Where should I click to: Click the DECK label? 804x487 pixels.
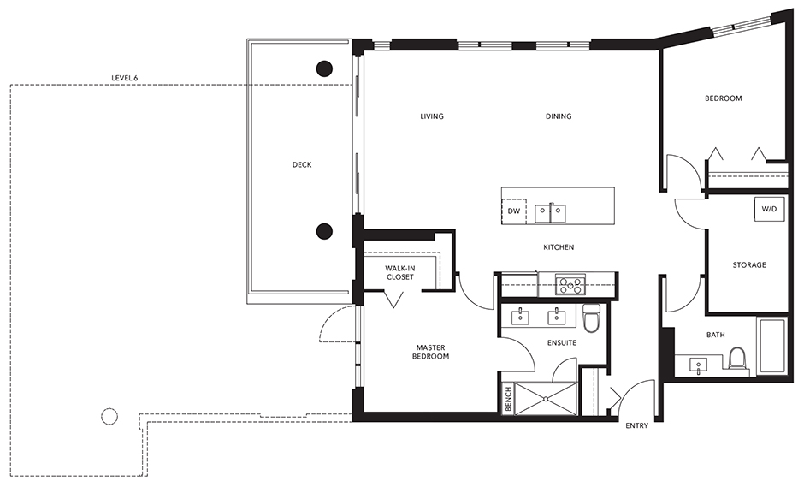click(301, 165)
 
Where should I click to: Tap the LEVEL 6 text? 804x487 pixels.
click(124, 78)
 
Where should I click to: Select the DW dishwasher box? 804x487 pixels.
click(514, 211)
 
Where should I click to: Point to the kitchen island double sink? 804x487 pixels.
click(549, 211)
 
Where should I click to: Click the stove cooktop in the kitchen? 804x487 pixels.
click(570, 284)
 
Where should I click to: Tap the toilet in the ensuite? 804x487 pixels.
click(590, 320)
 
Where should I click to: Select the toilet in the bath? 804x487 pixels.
click(737, 359)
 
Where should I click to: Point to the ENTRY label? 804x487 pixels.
click(636, 425)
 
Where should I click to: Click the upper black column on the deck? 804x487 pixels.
click(324, 68)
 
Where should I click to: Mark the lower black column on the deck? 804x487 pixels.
click(324, 229)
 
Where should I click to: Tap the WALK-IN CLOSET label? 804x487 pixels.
click(399, 272)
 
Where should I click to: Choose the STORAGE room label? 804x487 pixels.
click(748, 265)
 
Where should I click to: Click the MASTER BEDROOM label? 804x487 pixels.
click(433, 352)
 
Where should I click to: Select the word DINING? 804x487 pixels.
click(559, 116)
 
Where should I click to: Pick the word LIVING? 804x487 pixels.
click(432, 116)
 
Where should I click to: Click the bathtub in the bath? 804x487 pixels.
click(771, 346)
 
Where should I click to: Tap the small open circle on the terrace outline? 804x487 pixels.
click(109, 417)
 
